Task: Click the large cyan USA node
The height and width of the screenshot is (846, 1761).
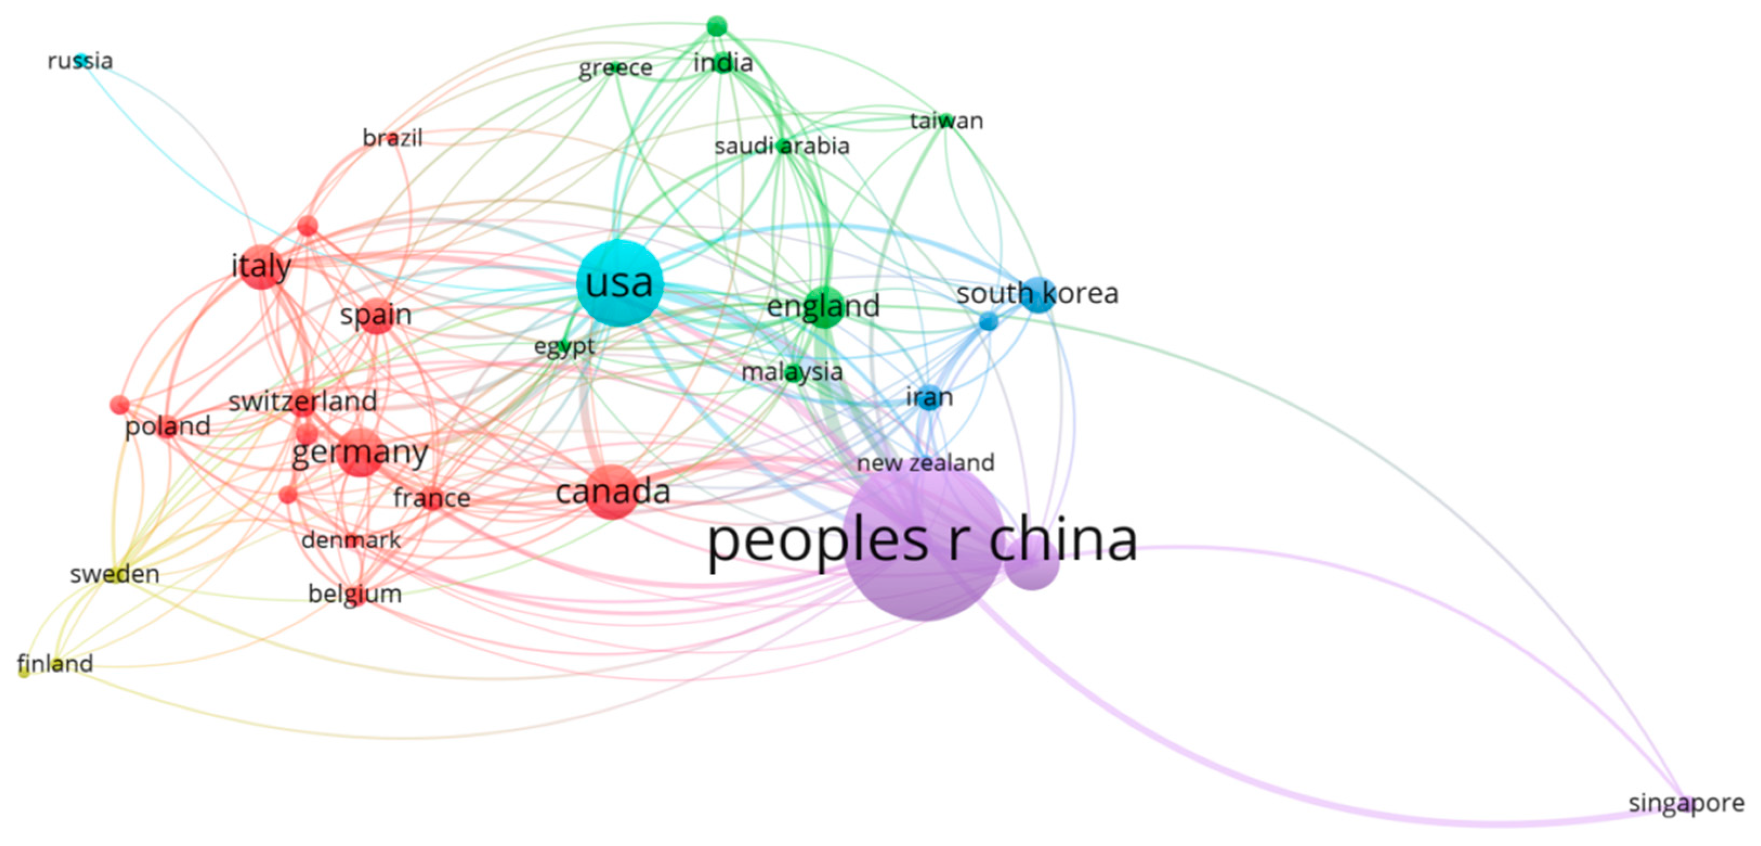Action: (619, 283)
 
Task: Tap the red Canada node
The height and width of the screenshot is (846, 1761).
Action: (612, 492)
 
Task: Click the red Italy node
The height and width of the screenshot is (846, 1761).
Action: (261, 266)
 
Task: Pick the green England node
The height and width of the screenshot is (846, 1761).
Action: (824, 307)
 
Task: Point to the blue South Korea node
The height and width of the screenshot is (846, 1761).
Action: (1038, 295)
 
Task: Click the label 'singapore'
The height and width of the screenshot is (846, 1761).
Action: (1686, 803)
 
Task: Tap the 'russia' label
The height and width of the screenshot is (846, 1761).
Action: (80, 61)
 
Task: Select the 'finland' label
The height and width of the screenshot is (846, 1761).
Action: (55, 663)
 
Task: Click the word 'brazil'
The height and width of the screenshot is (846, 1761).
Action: (392, 138)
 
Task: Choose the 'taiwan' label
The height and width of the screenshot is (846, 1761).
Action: (946, 121)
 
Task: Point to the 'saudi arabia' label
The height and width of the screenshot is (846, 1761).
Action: (781, 146)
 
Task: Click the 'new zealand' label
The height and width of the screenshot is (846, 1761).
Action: (925, 463)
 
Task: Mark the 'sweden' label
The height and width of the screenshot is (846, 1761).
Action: (115, 574)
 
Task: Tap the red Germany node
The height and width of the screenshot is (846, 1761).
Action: (361, 452)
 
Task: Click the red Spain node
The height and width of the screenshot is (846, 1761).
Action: (377, 316)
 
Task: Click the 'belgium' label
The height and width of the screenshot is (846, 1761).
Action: (355, 594)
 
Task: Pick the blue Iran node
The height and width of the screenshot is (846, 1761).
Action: (929, 398)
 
